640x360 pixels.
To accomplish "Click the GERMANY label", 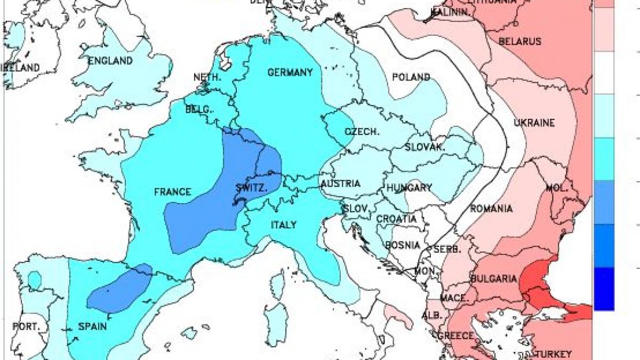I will tap(290, 73).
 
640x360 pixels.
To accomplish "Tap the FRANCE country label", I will tap(172, 192).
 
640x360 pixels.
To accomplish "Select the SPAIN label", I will tap(93, 326).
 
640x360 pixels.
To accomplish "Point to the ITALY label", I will tap(284, 225).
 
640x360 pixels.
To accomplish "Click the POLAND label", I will tap(411, 77).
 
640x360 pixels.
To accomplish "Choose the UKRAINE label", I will tap(534, 123).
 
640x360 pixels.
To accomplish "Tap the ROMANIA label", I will tap(491, 209).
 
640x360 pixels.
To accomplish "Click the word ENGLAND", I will tap(110, 61).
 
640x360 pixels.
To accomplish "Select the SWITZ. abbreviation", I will tap(251, 188).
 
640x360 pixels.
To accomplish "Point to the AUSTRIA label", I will tap(340, 184).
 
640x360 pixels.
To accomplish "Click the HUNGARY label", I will tap(409, 188).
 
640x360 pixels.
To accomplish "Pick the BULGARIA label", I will tap(493, 278).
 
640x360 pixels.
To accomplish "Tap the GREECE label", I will tap(455, 335).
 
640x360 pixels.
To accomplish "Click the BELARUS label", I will tap(519, 42).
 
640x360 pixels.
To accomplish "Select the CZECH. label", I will tap(362, 132).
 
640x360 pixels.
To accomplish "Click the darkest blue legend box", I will tap(604, 289).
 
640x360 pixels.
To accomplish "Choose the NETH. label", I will tap(207, 77).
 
